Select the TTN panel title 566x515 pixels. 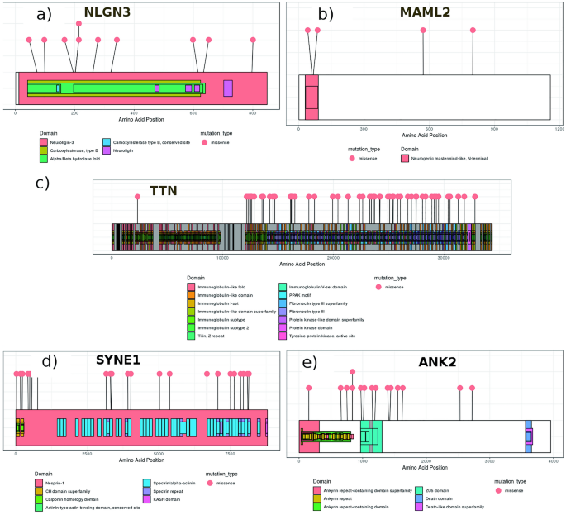163,191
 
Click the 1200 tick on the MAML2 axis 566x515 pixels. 559,128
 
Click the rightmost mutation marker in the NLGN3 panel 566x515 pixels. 254,40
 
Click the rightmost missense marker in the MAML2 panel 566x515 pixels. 473,31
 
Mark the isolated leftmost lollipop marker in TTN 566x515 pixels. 138,197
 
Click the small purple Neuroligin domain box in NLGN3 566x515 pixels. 228,88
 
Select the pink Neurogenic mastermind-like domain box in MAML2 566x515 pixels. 311,97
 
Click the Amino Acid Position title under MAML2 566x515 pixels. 424,136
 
